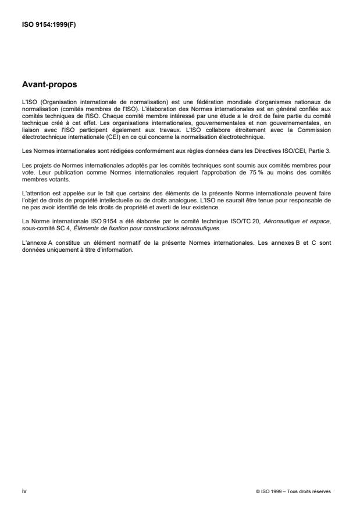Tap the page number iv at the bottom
pyautogui.click(x=24, y=491)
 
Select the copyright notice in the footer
pyautogui.click(x=293, y=491)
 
